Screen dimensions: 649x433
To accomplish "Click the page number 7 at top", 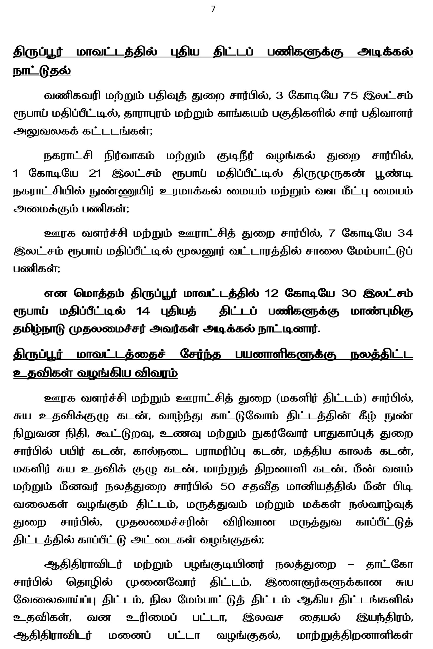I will click(x=213, y=9).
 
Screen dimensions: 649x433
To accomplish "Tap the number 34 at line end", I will click(x=405, y=233).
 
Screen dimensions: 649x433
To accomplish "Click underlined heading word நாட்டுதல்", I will click(x=42, y=71).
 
